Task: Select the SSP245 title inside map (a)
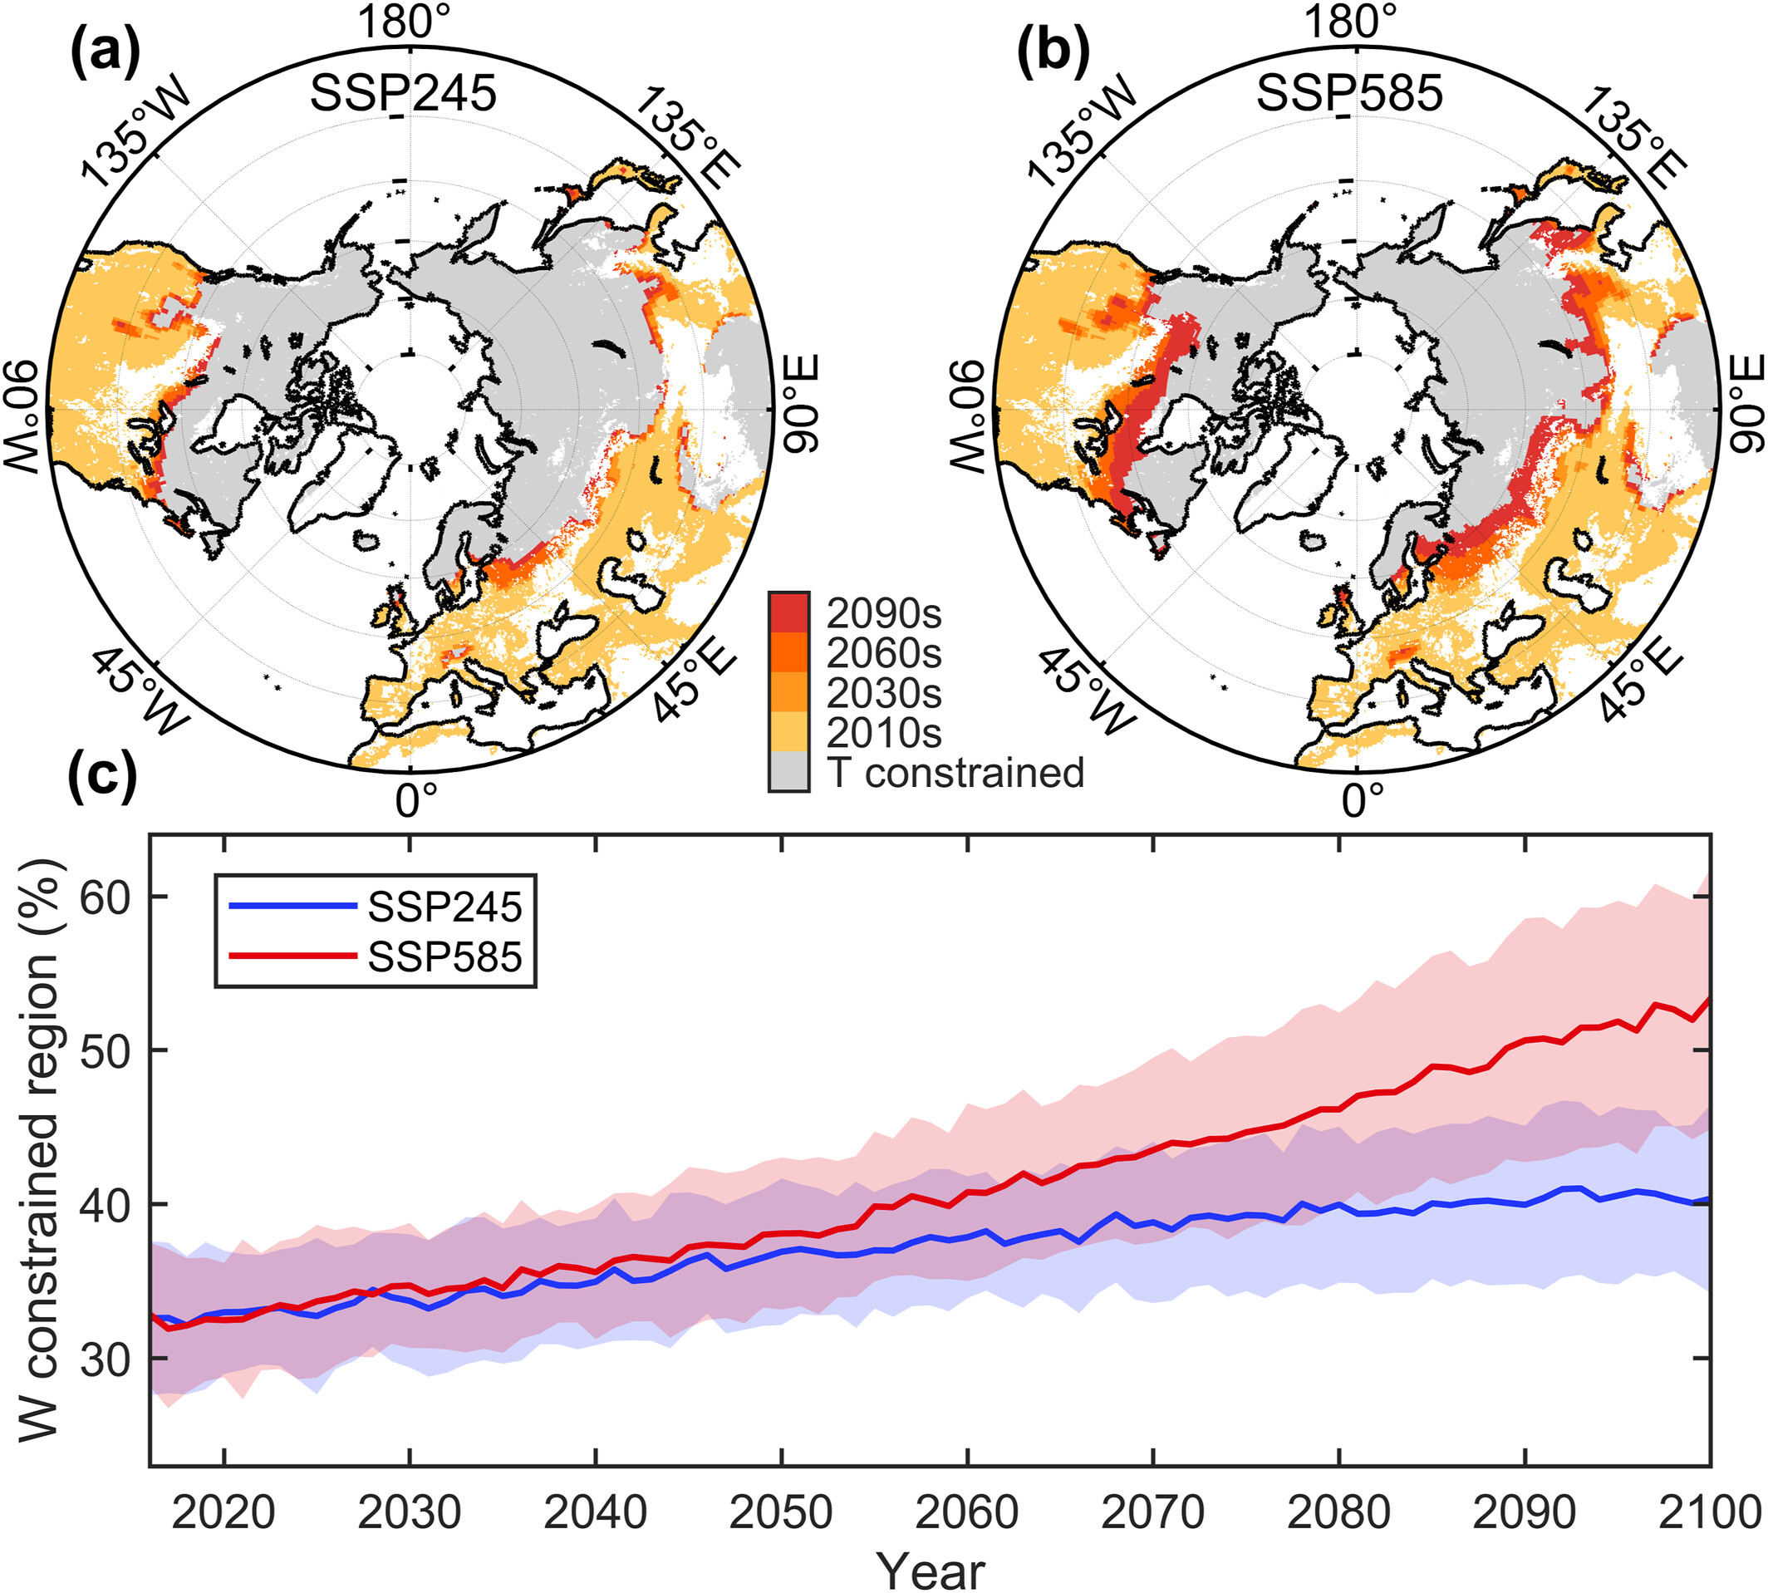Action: pyautogui.click(x=404, y=94)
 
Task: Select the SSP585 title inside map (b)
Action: pyautogui.click(x=1349, y=94)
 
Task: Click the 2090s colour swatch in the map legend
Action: pyautogui.click(x=788, y=612)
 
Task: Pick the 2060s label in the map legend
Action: pyautogui.click(x=884, y=653)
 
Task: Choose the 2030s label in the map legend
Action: pyautogui.click(x=884, y=693)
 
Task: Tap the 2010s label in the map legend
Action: pyautogui.click(x=884, y=733)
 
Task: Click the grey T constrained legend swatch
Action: pyautogui.click(x=788, y=772)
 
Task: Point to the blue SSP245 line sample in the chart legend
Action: pyautogui.click(x=292, y=907)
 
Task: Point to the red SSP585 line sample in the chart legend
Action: pyautogui.click(x=292, y=956)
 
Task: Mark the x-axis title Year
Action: pyautogui.click(x=931, y=1571)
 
